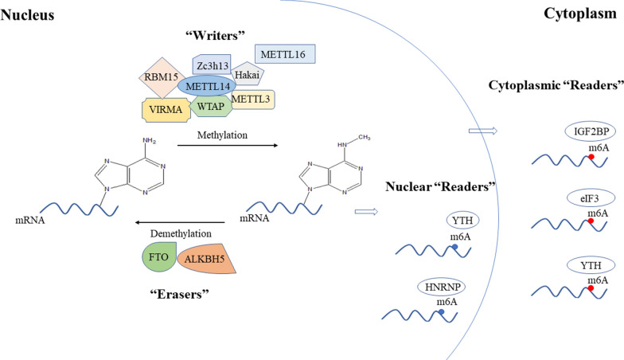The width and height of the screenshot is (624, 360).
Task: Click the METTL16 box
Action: coord(285,54)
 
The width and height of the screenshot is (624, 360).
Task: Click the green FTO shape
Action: coord(153,259)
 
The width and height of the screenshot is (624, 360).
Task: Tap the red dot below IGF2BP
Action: coord(590,157)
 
